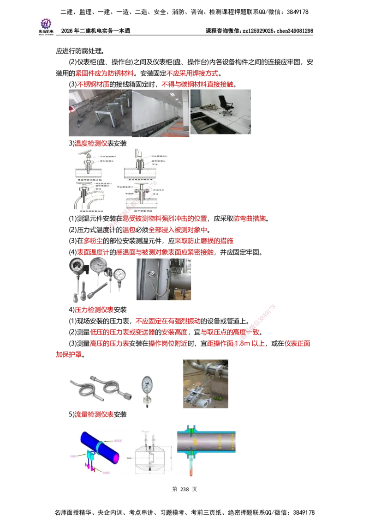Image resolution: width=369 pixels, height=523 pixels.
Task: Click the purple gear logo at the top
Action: tap(46, 23)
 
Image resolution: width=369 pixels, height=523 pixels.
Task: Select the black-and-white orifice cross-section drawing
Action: tap(152, 453)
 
